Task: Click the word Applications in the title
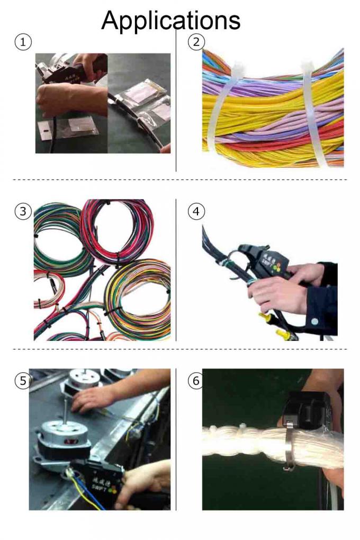click(x=170, y=20)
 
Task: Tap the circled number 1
click(x=23, y=42)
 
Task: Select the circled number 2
click(x=196, y=42)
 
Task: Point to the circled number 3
click(x=23, y=211)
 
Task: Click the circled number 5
click(x=23, y=380)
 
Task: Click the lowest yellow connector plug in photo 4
click(x=283, y=335)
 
